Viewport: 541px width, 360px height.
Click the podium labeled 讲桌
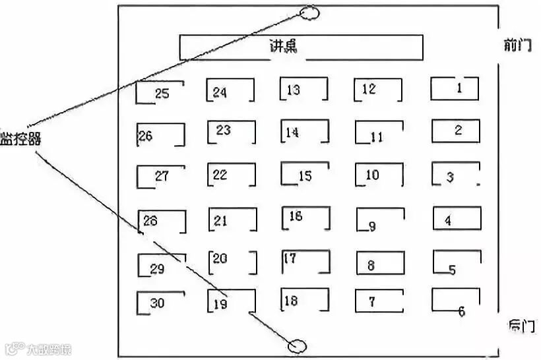[x=301, y=47]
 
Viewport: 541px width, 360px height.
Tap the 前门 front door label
[x=517, y=45]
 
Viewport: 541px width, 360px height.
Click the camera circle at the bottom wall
[x=298, y=345]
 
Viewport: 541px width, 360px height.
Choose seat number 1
[x=455, y=88]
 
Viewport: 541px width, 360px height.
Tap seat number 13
[x=303, y=90]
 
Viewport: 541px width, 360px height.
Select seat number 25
[x=160, y=93]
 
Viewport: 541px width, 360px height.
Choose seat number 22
[x=231, y=175]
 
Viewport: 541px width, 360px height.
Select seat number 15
[x=304, y=175]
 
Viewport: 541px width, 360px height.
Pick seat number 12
[x=377, y=90]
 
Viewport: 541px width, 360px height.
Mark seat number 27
[x=160, y=176]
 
